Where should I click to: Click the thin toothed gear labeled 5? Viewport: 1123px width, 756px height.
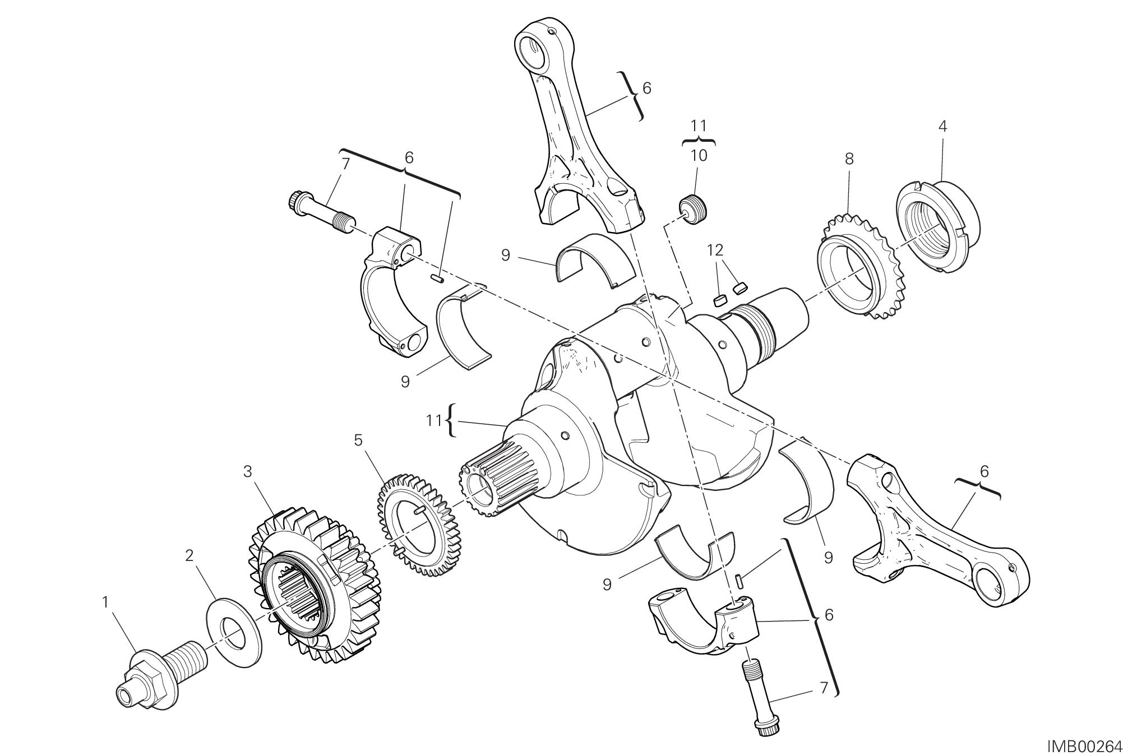pyautogui.click(x=418, y=527)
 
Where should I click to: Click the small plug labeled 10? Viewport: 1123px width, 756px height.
pyautogui.click(x=694, y=210)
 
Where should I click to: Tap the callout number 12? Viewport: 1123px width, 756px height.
pyautogui.click(x=715, y=250)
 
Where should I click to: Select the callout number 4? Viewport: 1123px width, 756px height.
pyautogui.click(x=942, y=127)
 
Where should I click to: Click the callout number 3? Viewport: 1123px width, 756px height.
pyautogui.click(x=247, y=472)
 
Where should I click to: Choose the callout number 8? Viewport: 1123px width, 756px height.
pyautogui.click(x=849, y=159)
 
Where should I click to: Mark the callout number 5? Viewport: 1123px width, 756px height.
pyautogui.click(x=358, y=440)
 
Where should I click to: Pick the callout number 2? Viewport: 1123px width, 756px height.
pyautogui.click(x=189, y=555)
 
